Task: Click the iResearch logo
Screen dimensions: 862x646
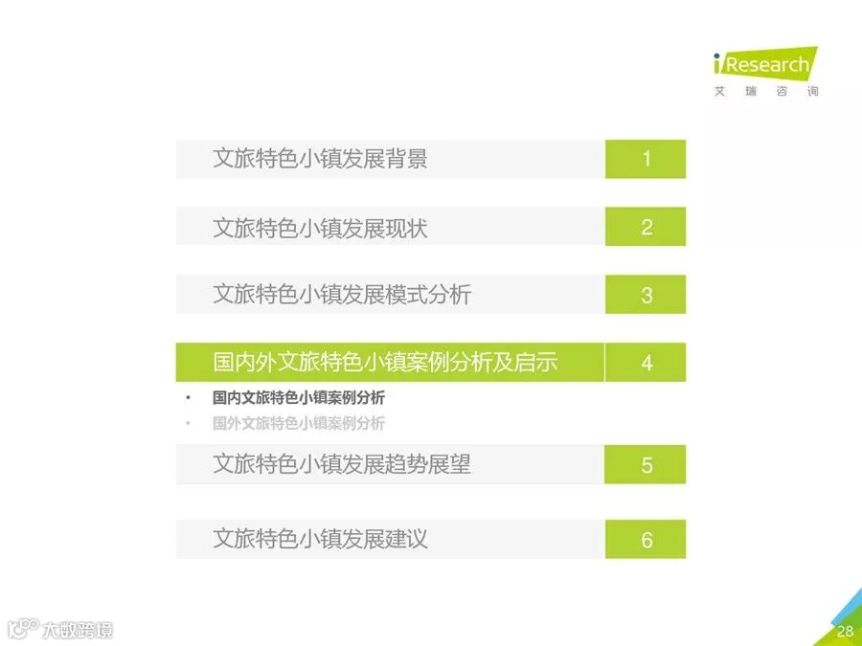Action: (766, 64)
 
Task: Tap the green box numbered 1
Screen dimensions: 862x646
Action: (646, 159)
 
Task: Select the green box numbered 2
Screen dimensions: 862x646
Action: (646, 226)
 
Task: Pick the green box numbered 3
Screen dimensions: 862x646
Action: (646, 295)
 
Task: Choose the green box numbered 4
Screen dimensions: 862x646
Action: (646, 362)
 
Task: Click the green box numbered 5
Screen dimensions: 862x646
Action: (645, 465)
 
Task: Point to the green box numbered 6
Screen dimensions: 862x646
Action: (646, 539)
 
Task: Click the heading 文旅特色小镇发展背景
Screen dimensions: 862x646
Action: (320, 159)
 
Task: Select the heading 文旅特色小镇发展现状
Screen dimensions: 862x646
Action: (320, 227)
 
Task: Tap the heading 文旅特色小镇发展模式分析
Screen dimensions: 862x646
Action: (342, 295)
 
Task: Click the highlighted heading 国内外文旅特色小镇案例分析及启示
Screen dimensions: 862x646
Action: (385, 363)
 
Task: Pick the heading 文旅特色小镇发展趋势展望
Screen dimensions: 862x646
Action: (342, 465)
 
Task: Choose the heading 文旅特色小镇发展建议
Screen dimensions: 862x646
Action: (320, 539)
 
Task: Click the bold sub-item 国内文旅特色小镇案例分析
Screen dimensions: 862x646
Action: (299, 397)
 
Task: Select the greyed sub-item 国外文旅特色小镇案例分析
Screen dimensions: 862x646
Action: (299, 422)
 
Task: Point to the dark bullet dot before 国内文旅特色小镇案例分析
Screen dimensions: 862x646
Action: (188, 397)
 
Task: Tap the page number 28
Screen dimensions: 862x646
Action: (845, 632)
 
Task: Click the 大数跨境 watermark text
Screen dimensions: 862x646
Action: (77, 630)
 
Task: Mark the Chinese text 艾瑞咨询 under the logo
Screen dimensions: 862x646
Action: (766, 91)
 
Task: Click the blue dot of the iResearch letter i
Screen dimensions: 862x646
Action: (716, 56)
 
